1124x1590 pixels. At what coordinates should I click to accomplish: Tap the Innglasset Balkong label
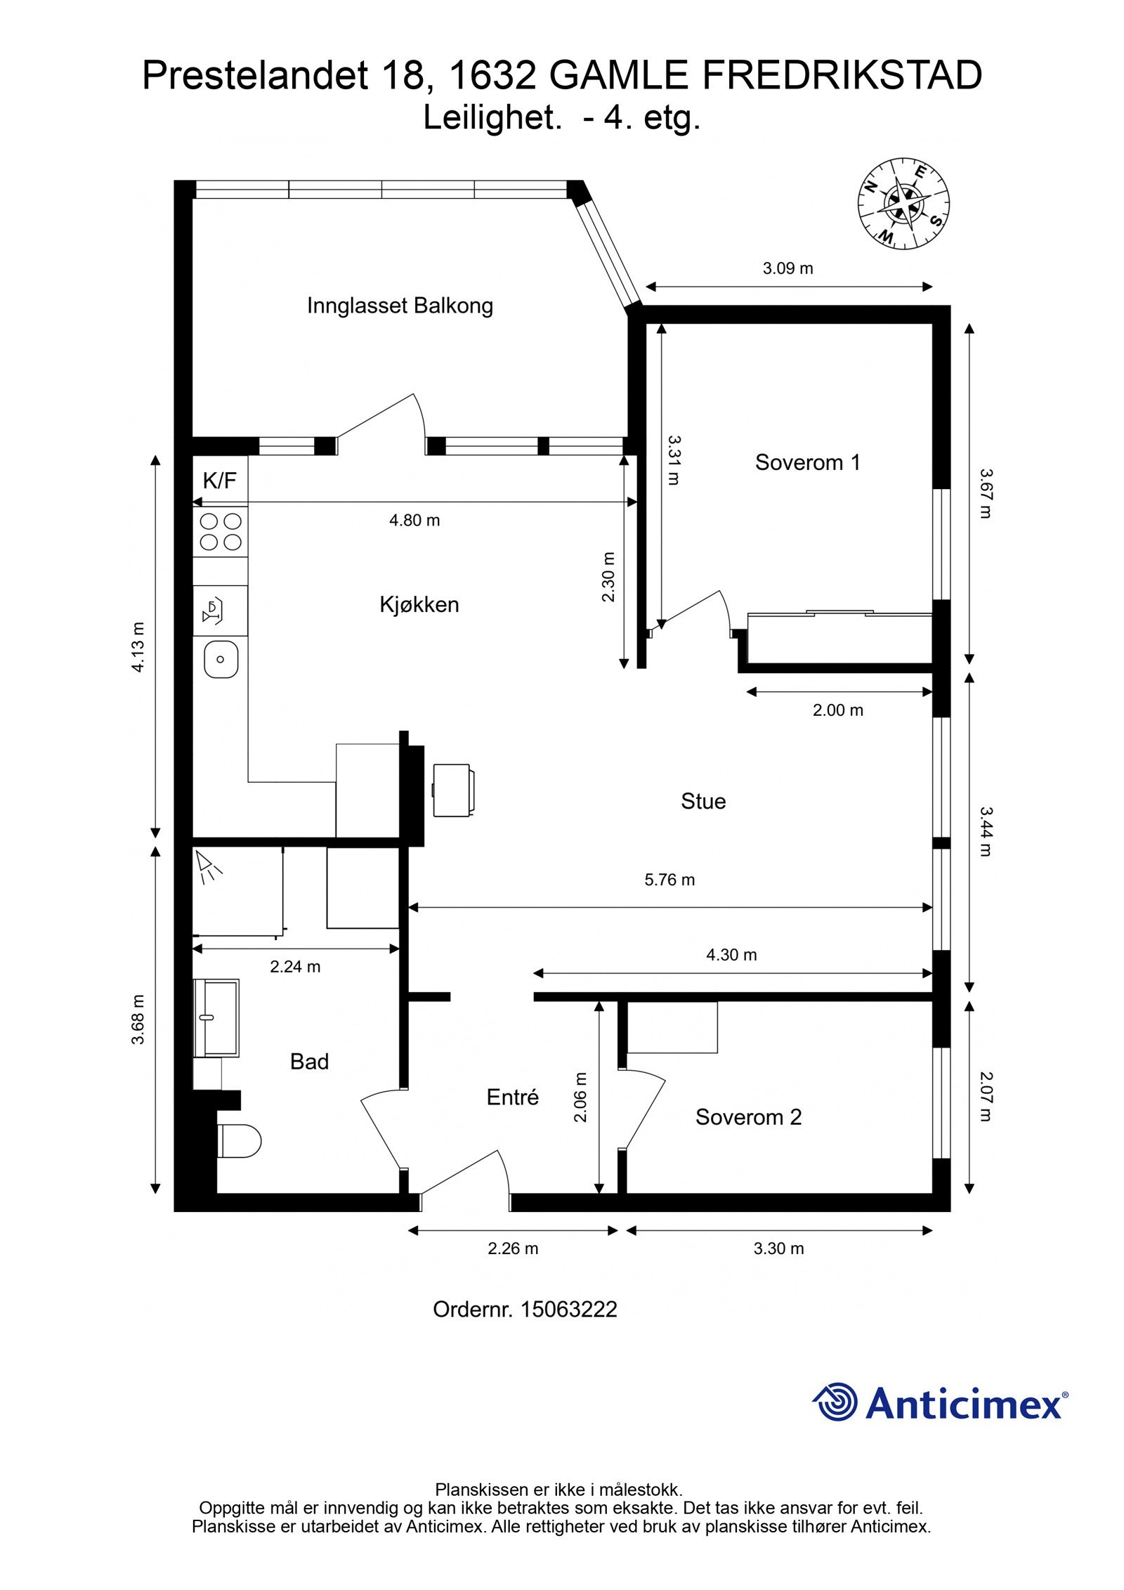(x=400, y=306)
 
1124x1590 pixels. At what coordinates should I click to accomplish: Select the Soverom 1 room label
(x=807, y=462)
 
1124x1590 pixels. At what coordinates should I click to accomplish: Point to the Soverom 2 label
(x=748, y=1117)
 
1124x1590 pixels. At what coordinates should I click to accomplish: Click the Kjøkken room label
(x=419, y=604)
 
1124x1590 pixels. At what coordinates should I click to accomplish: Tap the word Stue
(x=702, y=801)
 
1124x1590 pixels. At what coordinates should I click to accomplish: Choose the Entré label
(x=512, y=1097)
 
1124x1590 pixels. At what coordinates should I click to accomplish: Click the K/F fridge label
(x=219, y=481)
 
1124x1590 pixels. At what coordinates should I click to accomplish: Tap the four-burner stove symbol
(x=221, y=531)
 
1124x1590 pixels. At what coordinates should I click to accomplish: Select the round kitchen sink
(x=221, y=659)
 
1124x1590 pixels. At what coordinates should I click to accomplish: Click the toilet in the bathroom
(x=239, y=1140)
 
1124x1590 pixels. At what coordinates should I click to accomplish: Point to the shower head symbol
(x=208, y=867)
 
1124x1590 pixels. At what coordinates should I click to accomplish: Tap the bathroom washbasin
(x=217, y=1017)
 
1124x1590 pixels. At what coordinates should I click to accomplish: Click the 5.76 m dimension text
(x=669, y=880)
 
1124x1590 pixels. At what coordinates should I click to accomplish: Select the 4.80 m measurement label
(x=414, y=521)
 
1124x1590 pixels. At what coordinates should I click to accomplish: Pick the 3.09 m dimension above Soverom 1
(x=788, y=268)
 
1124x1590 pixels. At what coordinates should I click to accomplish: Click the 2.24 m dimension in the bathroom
(x=295, y=967)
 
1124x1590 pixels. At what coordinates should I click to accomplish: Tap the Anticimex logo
(x=940, y=1402)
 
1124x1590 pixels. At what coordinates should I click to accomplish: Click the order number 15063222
(x=568, y=1309)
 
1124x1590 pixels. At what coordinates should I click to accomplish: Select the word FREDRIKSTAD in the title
(x=842, y=76)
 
